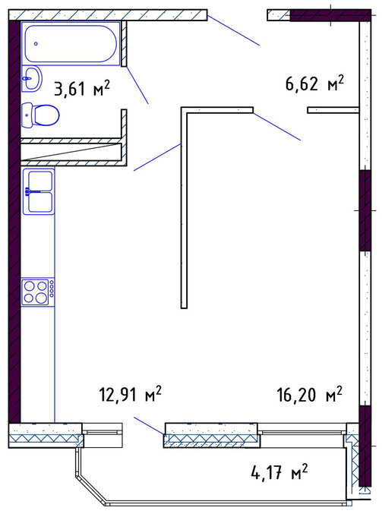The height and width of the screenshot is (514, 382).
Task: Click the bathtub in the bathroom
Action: click(71, 43)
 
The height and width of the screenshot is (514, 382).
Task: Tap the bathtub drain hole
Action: click(36, 43)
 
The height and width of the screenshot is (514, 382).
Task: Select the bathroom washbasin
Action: click(32, 79)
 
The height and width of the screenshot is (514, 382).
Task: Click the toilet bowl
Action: click(40, 115)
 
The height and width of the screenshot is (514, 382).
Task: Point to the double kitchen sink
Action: click(39, 191)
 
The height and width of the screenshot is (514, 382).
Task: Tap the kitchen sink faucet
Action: click(32, 191)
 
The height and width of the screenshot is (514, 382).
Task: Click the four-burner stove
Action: click(38, 292)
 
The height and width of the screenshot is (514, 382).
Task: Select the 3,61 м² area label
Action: click(82, 88)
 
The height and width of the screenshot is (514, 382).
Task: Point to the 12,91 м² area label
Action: click(130, 394)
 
